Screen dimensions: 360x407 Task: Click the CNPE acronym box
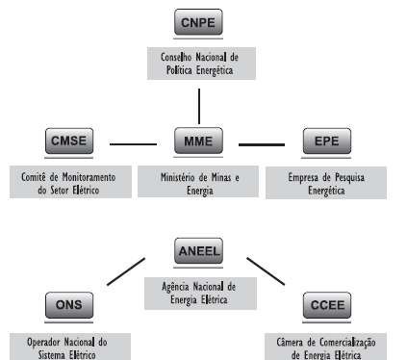point(199,21)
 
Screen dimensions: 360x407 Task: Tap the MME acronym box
point(199,143)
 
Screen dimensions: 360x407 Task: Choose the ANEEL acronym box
point(199,252)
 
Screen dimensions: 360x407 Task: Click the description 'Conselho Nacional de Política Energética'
point(199,64)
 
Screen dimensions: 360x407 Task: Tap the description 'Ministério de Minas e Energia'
point(199,183)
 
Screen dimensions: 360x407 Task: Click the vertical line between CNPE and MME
point(199,103)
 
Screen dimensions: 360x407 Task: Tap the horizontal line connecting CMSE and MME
point(134,144)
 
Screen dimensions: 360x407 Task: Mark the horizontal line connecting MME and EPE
point(262,144)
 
